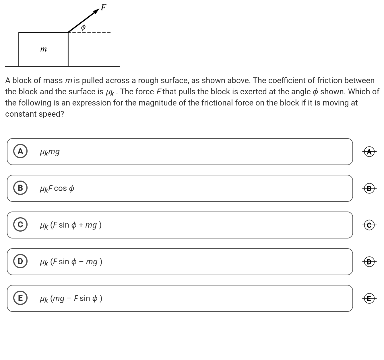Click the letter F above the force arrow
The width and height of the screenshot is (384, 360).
pyautogui.click(x=103, y=7)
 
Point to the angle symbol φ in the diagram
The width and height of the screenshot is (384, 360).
pyautogui.click(x=83, y=27)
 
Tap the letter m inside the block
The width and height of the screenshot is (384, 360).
pyautogui.click(x=43, y=49)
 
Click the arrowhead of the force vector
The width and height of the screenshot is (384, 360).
pyautogui.click(x=96, y=11)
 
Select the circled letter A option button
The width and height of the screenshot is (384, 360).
pyautogui.click(x=20, y=151)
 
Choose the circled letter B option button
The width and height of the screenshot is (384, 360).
pyautogui.click(x=20, y=188)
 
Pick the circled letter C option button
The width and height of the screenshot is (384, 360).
pyautogui.click(x=20, y=225)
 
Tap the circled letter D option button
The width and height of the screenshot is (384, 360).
pyautogui.click(x=20, y=261)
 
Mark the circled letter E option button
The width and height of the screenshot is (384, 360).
pyautogui.click(x=20, y=298)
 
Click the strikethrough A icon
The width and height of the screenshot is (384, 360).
pyautogui.click(x=369, y=151)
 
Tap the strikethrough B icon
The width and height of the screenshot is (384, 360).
pyautogui.click(x=369, y=188)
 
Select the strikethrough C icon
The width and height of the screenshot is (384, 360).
pyautogui.click(x=369, y=225)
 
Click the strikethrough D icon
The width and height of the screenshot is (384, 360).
pyautogui.click(x=369, y=262)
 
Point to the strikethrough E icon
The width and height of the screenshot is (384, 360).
pyautogui.click(x=369, y=298)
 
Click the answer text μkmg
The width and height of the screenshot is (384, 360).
pyautogui.click(x=50, y=152)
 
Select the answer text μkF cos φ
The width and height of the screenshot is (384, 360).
pyautogui.click(x=57, y=189)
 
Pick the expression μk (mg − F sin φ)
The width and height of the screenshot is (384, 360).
pyautogui.click(x=71, y=299)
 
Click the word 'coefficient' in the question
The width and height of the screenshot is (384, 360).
pyautogui.click(x=287, y=81)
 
